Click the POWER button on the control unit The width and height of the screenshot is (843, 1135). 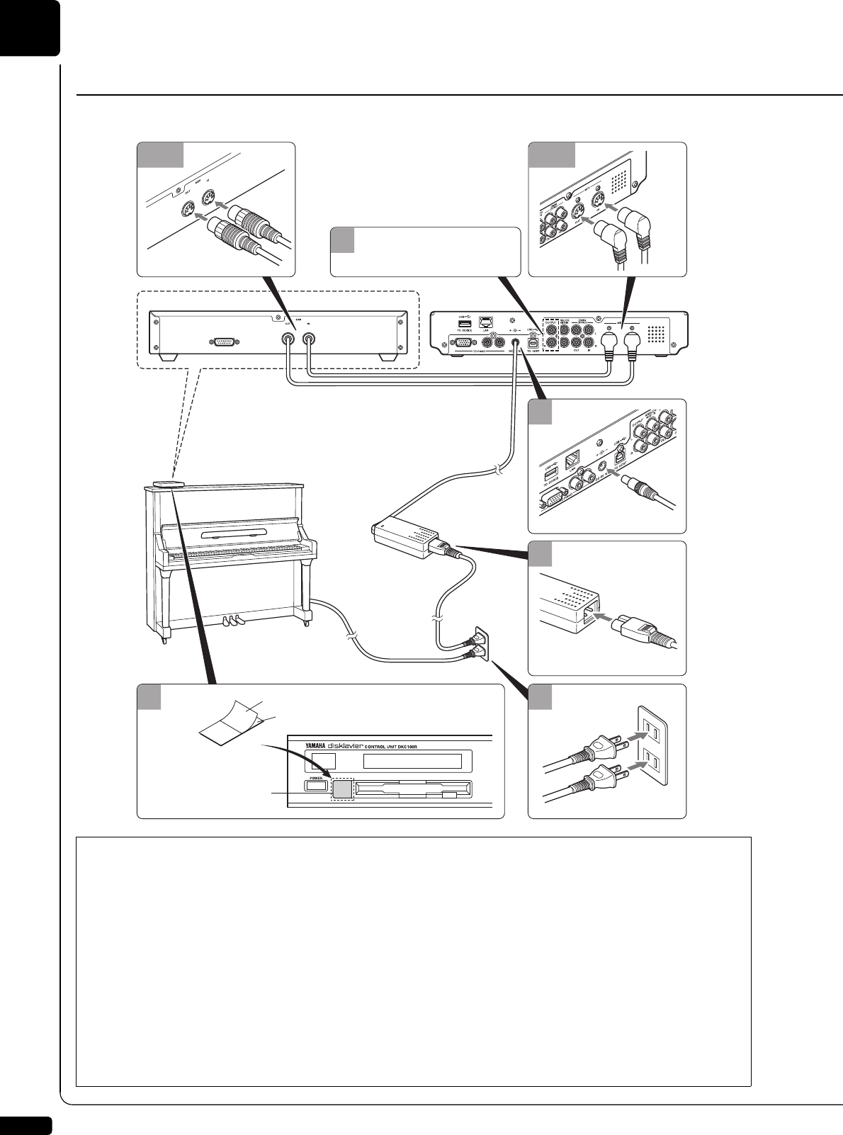tap(315, 785)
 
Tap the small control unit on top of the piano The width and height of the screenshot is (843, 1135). tap(167, 485)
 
